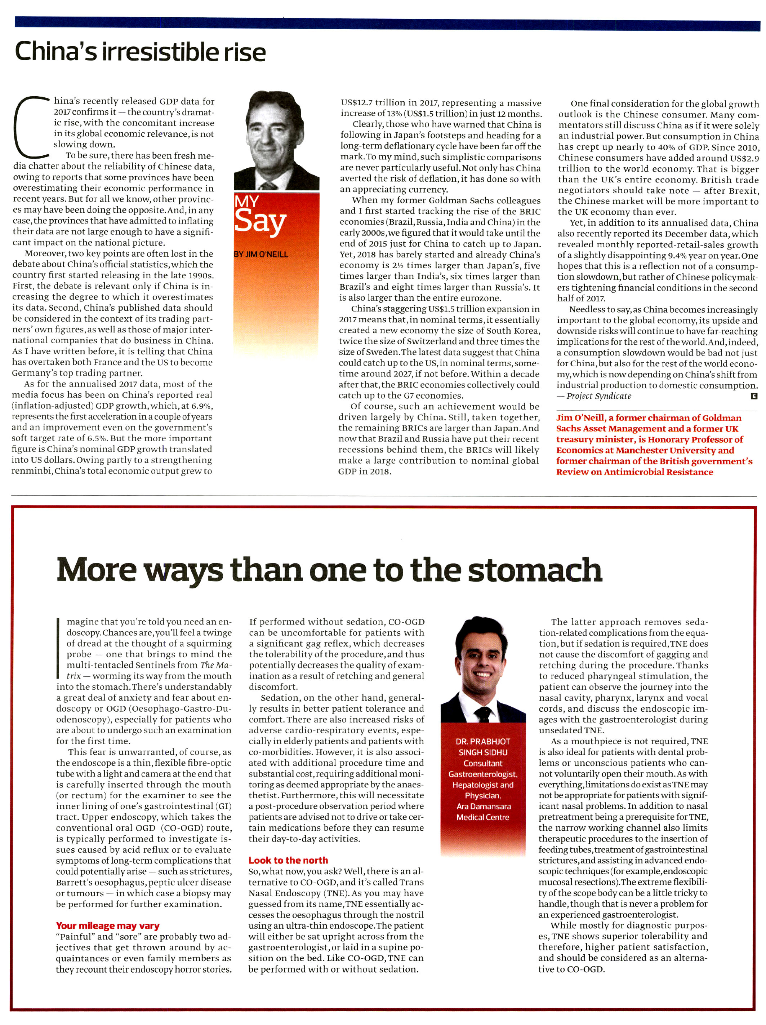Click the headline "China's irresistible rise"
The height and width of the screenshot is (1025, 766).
pyautogui.click(x=140, y=52)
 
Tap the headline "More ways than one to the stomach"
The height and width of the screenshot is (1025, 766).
pyautogui.click(x=329, y=570)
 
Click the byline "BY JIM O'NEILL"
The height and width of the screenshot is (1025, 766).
pyautogui.click(x=261, y=255)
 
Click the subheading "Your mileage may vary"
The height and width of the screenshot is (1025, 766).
pyautogui.click(x=107, y=926)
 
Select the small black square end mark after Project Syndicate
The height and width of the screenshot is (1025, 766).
pyautogui.click(x=753, y=396)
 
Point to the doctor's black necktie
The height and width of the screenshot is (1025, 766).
pyautogui.click(x=482, y=713)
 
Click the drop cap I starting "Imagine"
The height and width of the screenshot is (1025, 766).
pyautogui.click(x=59, y=648)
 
